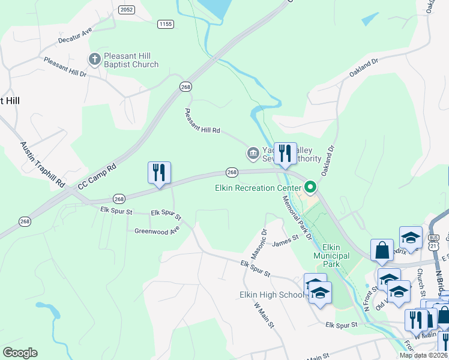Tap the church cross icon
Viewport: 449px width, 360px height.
94,59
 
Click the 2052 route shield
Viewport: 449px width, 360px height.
127,10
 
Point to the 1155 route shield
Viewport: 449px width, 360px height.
166,24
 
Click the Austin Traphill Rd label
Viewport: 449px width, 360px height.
42,165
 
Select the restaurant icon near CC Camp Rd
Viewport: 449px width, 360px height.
159,172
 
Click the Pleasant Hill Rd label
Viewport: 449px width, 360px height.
202,121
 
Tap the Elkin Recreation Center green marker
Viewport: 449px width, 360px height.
310,188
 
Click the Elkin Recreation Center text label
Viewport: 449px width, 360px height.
258,188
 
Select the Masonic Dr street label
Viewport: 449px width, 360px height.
264,240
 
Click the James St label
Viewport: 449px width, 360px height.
285,241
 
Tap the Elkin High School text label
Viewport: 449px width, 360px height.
268,295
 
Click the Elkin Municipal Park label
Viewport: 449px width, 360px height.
331,256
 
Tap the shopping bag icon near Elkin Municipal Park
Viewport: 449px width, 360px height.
382,251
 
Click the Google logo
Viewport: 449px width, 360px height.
20,353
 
